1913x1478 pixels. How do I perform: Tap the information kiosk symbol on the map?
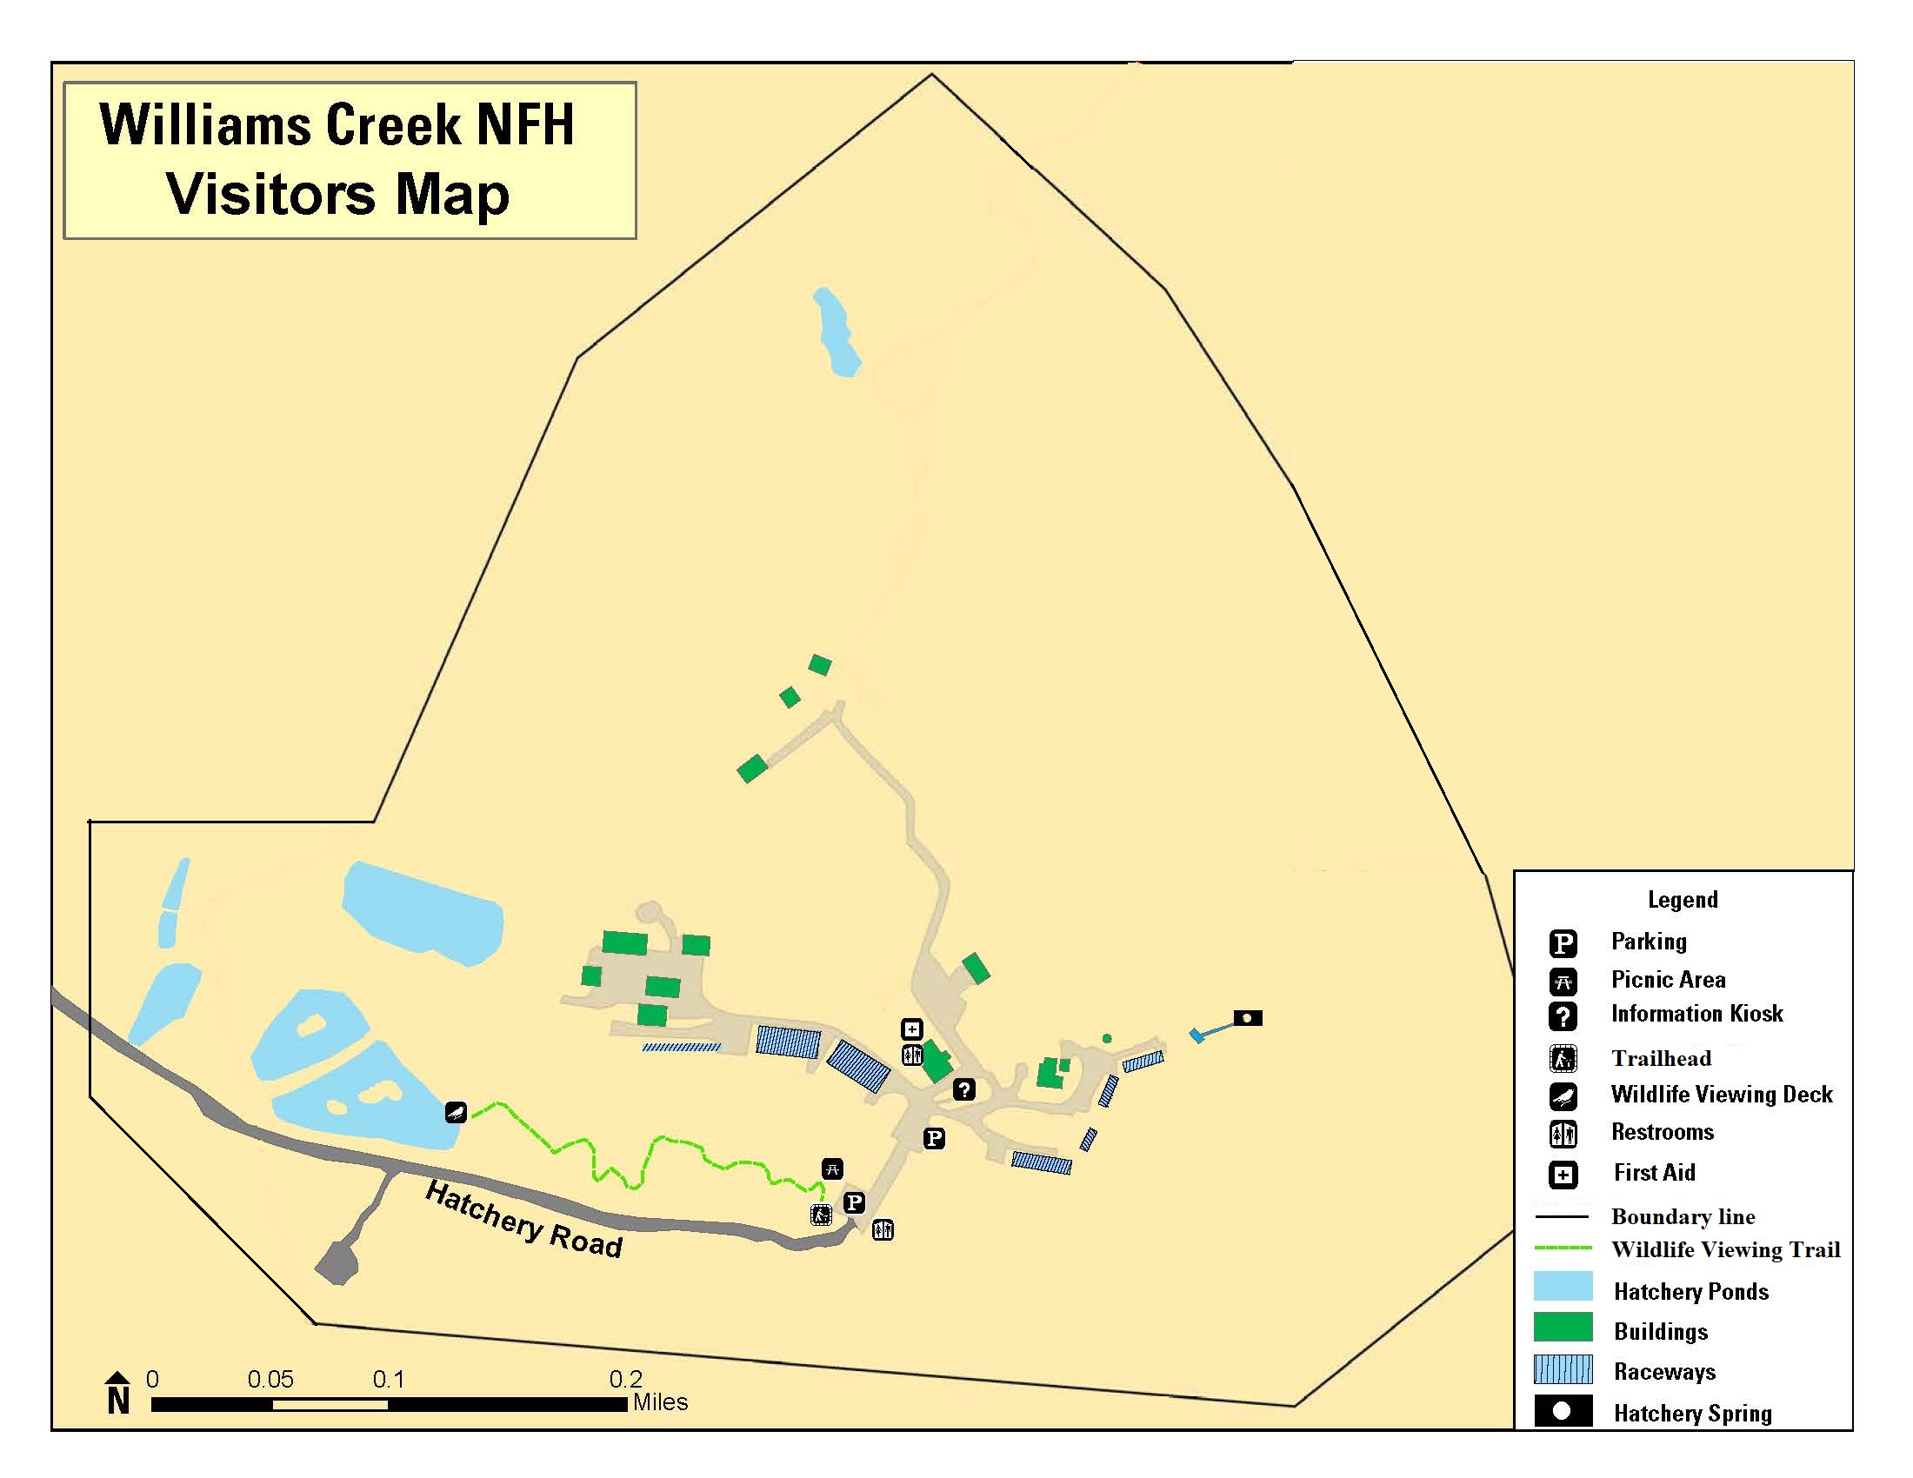(x=963, y=1089)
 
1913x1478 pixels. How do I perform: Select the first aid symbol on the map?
(x=912, y=1029)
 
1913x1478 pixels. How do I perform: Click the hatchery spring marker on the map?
(x=1247, y=1017)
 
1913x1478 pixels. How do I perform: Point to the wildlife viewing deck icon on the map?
(x=456, y=1112)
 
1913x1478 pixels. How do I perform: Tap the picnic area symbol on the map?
(x=832, y=1168)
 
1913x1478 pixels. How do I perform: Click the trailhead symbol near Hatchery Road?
(x=821, y=1215)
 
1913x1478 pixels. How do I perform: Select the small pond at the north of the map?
(x=837, y=333)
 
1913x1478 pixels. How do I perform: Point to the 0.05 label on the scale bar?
(x=270, y=1380)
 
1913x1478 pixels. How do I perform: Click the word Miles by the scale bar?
(x=661, y=1402)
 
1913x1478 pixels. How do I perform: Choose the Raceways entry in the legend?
(x=1664, y=1371)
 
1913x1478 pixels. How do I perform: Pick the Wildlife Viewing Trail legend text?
(x=1725, y=1249)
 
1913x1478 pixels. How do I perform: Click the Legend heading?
(x=1683, y=899)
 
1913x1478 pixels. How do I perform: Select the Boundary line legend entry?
(x=1683, y=1216)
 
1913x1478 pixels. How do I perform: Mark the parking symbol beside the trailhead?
(x=854, y=1202)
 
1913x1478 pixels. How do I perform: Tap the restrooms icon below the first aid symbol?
(x=912, y=1055)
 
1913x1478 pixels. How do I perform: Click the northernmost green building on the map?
(x=819, y=664)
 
